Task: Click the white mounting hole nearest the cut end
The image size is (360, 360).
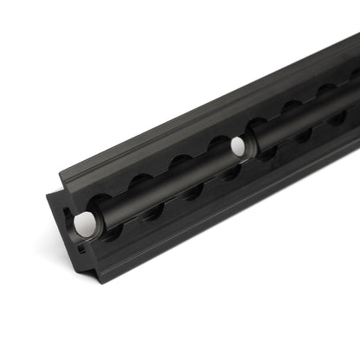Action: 86,223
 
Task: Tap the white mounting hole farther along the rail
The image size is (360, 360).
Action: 238,147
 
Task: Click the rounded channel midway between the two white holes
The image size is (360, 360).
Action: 164,186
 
